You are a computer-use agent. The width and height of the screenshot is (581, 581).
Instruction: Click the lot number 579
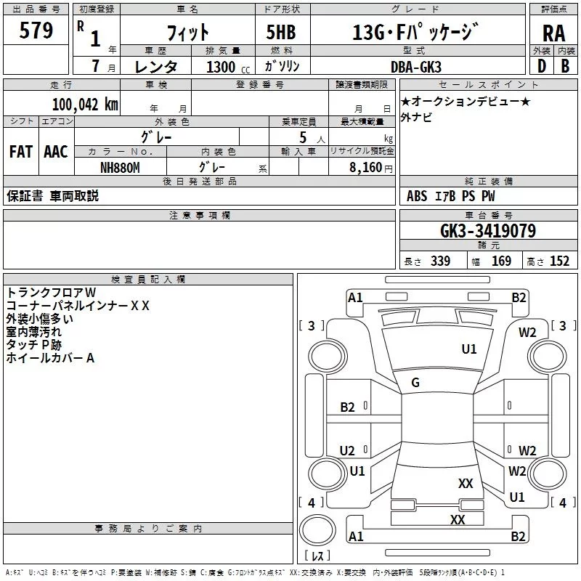(x=36, y=30)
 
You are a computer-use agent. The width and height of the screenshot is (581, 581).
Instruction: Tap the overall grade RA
(x=553, y=33)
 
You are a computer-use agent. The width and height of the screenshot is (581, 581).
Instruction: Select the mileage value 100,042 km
(x=85, y=104)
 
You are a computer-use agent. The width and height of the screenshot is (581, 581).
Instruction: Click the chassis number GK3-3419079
(x=488, y=231)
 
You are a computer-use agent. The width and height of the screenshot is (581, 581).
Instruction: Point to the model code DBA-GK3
(x=416, y=67)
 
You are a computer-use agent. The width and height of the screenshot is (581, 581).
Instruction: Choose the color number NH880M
(x=120, y=168)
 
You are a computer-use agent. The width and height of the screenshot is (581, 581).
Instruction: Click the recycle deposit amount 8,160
(x=366, y=168)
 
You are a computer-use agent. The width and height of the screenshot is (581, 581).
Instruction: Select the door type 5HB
(x=281, y=32)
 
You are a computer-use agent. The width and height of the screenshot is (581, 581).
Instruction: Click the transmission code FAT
(x=21, y=152)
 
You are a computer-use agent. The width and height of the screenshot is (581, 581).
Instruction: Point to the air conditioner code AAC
(x=56, y=152)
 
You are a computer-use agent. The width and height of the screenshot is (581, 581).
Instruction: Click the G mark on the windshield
(x=415, y=383)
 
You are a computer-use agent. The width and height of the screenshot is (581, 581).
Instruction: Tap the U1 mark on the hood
(x=469, y=349)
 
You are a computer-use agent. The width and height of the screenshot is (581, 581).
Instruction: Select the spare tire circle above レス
(x=317, y=529)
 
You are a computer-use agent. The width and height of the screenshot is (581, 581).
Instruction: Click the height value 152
(x=559, y=261)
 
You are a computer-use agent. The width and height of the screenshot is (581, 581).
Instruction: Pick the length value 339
(x=440, y=261)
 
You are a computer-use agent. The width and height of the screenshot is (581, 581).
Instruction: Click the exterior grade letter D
(x=542, y=66)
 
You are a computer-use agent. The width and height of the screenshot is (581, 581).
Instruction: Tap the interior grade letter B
(x=565, y=66)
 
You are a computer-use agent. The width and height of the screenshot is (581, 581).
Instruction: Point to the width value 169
(x=501, y=261)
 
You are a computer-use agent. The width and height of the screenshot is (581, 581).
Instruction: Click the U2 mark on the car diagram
(x=347, y=450)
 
